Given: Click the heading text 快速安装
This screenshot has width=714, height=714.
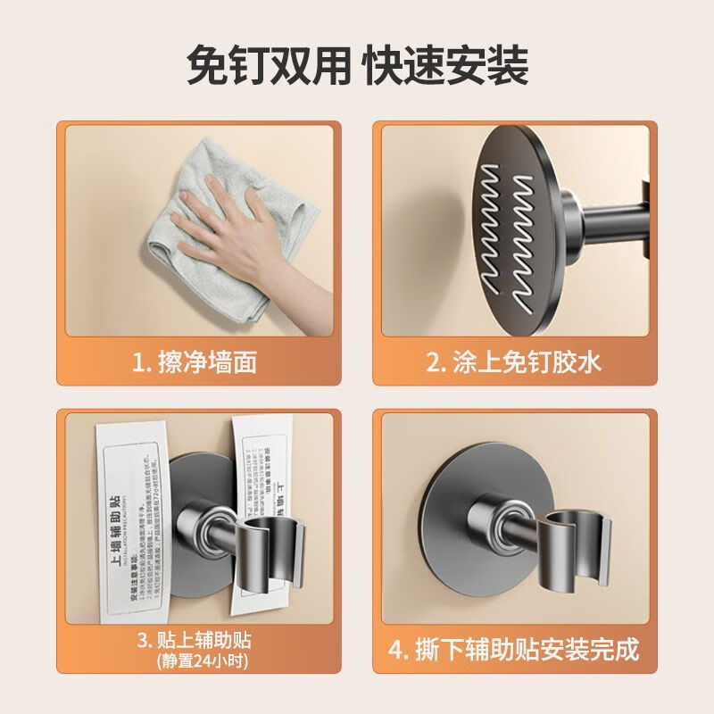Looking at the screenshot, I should pyautogui.click(x=446, y=65).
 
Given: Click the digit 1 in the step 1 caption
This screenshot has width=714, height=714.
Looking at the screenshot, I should pyautogui.click(x=137, y=361).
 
